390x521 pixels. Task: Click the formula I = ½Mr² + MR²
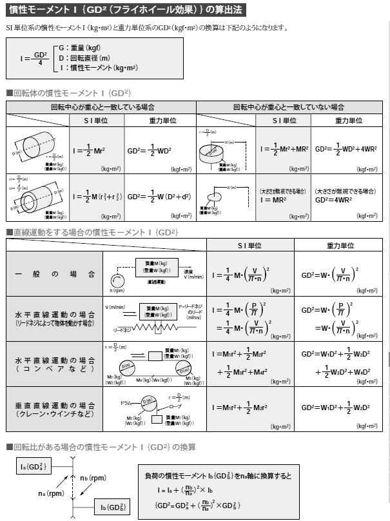[x=285, y=148]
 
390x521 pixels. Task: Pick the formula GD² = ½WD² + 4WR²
[x=346, y=148]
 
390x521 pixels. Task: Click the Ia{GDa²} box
[x=33, y=466]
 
